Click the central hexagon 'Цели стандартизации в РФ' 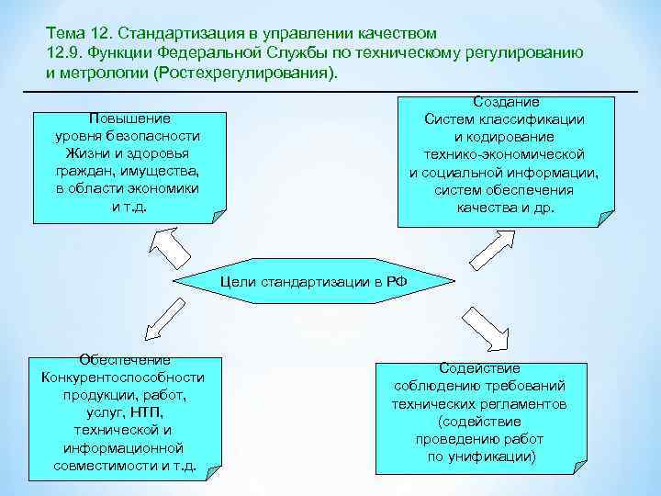312,281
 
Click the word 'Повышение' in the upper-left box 129,118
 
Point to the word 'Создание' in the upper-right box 505,102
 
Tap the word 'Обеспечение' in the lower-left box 124,360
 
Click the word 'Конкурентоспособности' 124,378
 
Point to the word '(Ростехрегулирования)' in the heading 242,72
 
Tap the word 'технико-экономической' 504,154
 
